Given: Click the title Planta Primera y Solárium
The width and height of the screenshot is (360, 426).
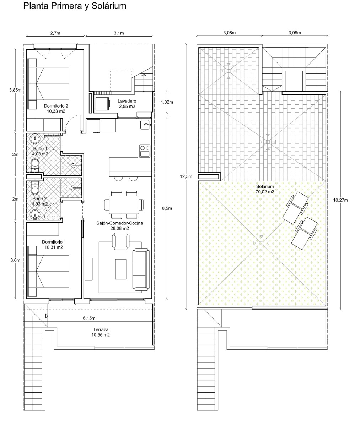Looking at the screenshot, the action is pos(75,6).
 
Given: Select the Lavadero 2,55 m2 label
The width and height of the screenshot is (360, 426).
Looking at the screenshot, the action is pos(127,104).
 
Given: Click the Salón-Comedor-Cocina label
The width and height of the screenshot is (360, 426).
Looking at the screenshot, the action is pos(119,223).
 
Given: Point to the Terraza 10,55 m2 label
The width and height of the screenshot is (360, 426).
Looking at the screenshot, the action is pos(101,332).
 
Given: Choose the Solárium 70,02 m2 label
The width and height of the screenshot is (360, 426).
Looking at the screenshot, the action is pos(265,189).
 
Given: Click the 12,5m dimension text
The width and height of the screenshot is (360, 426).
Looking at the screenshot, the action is pos(186,176).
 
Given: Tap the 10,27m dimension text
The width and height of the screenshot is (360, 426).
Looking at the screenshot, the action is pos(340,200).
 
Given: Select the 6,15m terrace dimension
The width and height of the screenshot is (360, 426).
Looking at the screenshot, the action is pos(89,318).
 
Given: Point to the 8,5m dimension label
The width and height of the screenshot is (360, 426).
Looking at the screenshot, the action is pos(167,208).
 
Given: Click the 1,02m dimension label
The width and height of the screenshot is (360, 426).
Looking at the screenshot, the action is pos(167,102).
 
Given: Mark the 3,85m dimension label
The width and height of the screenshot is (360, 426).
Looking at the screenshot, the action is pos(15,90).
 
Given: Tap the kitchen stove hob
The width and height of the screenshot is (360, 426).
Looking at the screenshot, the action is pos(145,151).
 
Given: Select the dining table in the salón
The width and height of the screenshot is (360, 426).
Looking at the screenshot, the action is pos(124,204).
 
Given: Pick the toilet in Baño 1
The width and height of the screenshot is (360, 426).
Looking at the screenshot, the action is pos(35,165).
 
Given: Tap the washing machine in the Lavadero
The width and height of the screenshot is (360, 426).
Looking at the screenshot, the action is pos(102,104).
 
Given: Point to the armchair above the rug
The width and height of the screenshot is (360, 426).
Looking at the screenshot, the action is pos(120,241).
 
